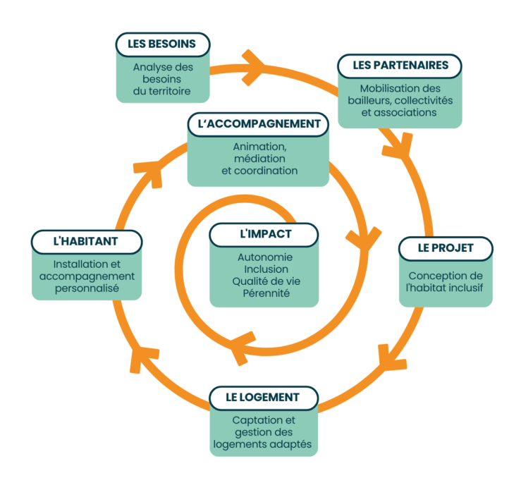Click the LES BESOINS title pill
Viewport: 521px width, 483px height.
coord(163,44)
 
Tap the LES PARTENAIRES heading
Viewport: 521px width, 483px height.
coord(400,66)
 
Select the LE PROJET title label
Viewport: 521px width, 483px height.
coord(446,248)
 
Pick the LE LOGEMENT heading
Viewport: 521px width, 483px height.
coord(264,398)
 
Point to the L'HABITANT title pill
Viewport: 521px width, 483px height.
coord(87,242)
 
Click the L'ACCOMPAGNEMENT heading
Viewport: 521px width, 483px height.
coord(258,124)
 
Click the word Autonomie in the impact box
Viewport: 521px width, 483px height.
coord(265,257)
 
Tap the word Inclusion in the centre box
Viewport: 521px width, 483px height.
coord(266,269)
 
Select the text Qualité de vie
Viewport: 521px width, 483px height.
coord(266,281)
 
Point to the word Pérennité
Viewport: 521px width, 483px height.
coord(266,293)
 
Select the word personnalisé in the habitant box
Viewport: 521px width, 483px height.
coord(87,288)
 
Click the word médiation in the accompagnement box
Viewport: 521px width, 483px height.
coord(259,159)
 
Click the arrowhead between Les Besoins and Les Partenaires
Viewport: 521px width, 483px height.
coord(253,68)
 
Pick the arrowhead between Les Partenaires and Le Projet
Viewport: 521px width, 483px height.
coord(398,145)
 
